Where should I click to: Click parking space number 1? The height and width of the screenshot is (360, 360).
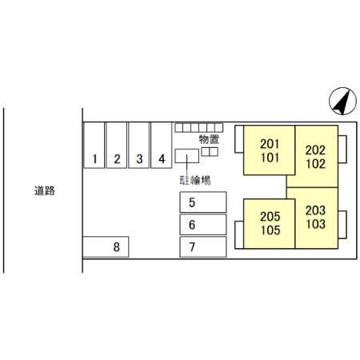pyautogui.click(x=94, y=145)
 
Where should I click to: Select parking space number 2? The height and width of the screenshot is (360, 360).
pyautogui.click(x=117, y=145)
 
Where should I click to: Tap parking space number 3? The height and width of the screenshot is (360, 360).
pyautogui.click(x=139, y=145)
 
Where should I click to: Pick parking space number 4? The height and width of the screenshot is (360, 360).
pyautogui.click(x=162, y=145)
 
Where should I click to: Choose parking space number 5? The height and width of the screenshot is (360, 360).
pyautogui.click(x=203, y=202)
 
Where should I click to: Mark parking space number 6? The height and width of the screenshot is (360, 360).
pyautogui.click(x=203, y=225)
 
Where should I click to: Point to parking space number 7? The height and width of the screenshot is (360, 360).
pyautogui.click(x=203, y=246)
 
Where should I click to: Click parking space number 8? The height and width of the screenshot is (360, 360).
pyautogui.click(x=106, y=246)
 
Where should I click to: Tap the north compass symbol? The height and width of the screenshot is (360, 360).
pyautogui.click(x=342, y=101)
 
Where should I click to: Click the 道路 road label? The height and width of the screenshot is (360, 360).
pyautogui.click(x=45, y=190)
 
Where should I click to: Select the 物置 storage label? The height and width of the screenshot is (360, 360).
pyautogui.click(x=209, y=139)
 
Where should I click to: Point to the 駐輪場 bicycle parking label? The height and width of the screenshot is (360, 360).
pyautogui.click(x=195, y=180)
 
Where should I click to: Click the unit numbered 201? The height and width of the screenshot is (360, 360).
pyautogui.click(x=270, y=144)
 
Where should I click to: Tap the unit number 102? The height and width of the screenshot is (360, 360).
pyautogui.click(x=316, y=164)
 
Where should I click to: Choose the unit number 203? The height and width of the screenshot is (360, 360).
pyautogui.click(x=316, y=210)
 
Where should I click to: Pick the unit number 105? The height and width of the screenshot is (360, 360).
pyautogui.click(x=270, y=230)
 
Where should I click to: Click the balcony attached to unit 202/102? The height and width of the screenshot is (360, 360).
pyautogui.click(x=342, y=149)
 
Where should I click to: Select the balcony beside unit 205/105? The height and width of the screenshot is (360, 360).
pyautogui.click(x=239, y=235)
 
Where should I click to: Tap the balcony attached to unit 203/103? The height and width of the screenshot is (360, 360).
pyautogui.click(x=342, y=225)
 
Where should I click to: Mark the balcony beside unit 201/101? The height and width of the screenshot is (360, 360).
pyautogui.click(x=239, y=139)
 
